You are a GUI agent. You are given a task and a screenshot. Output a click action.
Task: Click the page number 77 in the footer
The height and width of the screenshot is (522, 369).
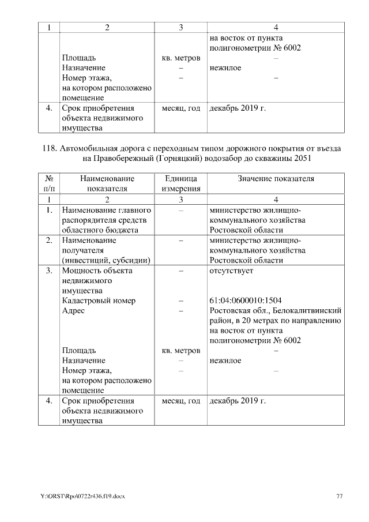click(340, 496)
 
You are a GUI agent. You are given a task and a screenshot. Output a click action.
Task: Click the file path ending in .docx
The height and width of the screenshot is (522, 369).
click(82, 496)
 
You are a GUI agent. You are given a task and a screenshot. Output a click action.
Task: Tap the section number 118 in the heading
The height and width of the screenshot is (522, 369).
click(51, 148)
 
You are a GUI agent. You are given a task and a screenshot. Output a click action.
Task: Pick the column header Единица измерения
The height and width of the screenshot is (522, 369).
click(180, 183)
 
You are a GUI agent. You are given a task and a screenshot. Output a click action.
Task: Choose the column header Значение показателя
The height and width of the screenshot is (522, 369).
click(276, 179)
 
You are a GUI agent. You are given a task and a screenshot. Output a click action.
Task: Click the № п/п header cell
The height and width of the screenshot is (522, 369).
click(49, 183)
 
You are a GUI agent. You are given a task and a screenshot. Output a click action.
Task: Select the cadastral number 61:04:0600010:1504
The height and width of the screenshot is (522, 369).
click(246, 301)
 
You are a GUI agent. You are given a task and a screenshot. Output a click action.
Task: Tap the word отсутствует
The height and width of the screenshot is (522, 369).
click(232, 271)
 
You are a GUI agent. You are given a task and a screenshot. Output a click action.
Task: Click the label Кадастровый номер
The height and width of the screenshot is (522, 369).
click(99, 301)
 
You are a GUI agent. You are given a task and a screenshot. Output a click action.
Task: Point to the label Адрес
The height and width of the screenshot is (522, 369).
click(73, 310)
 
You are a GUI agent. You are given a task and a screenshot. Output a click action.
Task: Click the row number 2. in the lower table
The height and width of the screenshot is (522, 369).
click(49, 241)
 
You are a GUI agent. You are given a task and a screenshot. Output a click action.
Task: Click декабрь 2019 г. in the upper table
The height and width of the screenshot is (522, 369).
click(237, 108)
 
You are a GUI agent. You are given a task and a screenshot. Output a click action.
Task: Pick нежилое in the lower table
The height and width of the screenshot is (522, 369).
click(225, 360)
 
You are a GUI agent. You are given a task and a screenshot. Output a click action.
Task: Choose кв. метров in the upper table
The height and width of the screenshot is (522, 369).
click(180, 58)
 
